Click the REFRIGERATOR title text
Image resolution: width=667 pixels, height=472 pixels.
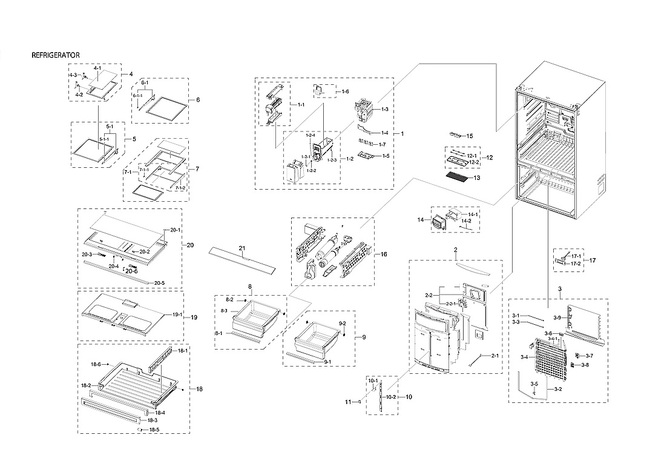point(55,55)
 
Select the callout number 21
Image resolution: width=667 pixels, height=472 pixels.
point(242,248)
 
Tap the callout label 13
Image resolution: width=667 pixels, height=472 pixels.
point(476,178)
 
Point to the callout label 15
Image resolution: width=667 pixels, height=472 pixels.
point(469,136)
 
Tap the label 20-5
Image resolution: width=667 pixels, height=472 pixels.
point(159,283)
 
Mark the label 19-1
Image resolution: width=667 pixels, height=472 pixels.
point(177,314)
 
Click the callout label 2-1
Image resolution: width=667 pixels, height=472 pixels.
point(494,356)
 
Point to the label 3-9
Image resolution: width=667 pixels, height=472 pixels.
point(557,318)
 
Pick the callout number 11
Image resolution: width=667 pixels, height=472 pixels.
point(348,402)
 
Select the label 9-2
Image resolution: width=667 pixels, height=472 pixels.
point(343,324)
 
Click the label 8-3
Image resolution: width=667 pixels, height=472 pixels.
point(223,311)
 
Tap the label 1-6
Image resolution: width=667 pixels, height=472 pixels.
point(344,91)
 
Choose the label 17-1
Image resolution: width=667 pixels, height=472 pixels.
point(576,256)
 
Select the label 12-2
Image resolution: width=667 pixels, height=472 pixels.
point(473,162)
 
